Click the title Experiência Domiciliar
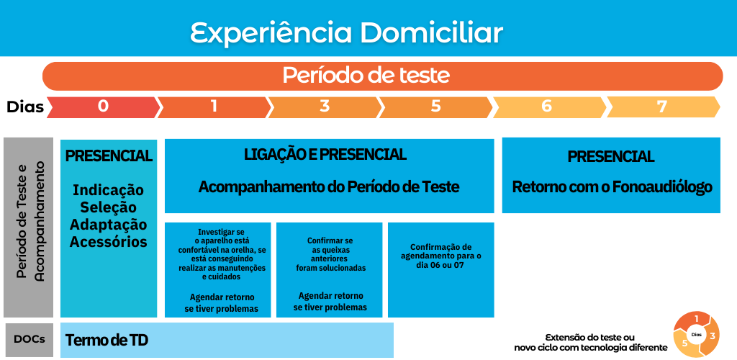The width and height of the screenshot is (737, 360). tap(346, 33)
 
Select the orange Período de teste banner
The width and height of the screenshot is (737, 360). tap(383, 76)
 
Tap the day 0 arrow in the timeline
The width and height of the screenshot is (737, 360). tap(104, 107)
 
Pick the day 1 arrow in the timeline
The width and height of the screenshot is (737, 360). tap(214, 107)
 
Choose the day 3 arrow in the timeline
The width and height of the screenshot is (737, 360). tap(325, 107)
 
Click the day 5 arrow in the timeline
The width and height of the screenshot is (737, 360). tap(436, 107)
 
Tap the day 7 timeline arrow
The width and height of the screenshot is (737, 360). tap(663, 107)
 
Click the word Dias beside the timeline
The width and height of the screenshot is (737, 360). tap(25, 107)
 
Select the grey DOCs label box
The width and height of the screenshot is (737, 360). tap(29, 339)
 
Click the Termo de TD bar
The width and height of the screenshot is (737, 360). tap(227, 340)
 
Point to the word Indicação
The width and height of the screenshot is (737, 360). tap(109, 190)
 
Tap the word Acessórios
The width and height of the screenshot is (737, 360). tap(109, 242)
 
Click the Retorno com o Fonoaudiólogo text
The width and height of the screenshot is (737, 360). tap(612, 187)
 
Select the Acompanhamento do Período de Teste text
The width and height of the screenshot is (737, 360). tap(328, 187)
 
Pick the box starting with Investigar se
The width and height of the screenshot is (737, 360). tap(217, 270)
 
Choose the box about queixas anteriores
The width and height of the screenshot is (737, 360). tap(329, 270)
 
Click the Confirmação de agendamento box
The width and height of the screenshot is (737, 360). tap(441, 270)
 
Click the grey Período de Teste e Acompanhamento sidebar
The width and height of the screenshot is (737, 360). tap(29, 228)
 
